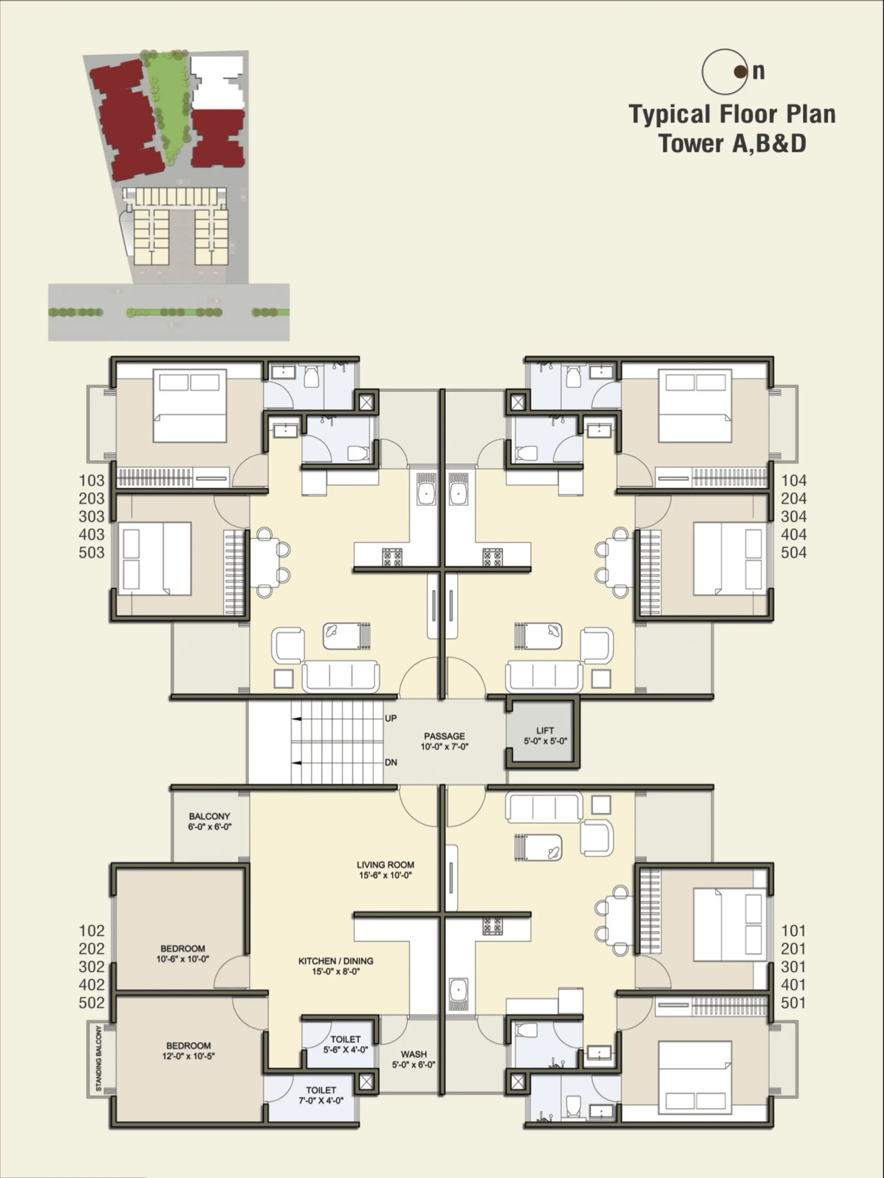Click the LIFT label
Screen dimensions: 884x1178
point(545,731)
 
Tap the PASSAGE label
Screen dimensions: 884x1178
point(444,736)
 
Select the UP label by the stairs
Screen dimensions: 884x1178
point(391,719)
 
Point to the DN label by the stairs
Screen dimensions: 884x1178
point(391,763)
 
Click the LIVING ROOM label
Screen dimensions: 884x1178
point(385,865)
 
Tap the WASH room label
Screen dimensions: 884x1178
point(413,1054)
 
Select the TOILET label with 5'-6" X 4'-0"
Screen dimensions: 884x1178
point(345,1039)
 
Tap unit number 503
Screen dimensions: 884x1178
point(92,552)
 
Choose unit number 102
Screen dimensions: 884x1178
point(92,931)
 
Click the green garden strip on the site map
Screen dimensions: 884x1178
point(168,106)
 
